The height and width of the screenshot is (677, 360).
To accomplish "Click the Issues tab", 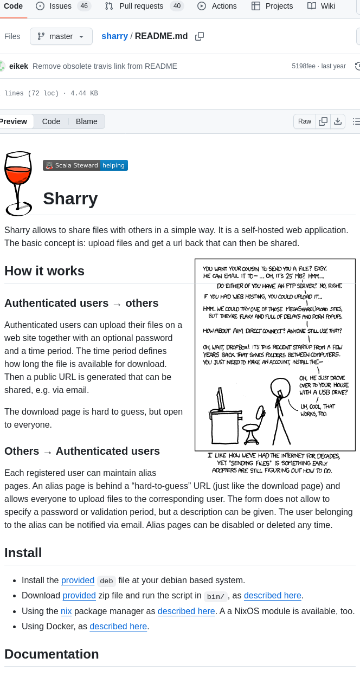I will pyautogui.click(x=60, y=6).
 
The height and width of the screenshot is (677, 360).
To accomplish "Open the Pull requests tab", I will pyautogui.click(x=141, y=6).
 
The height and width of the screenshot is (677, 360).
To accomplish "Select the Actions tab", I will pyautogui.click(x=217, y=6).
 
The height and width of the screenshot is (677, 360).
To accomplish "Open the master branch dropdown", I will pyautogui.click(x=61, y=36).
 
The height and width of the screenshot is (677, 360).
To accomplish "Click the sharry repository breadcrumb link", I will pyautogui.click(x=114, y=36).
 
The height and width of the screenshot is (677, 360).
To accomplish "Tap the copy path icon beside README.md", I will pyautogui.click(x=200, y=36).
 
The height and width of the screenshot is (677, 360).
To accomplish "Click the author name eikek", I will pyautogui.click(x=18, y=66).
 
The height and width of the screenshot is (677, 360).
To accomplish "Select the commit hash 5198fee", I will pyautogui.click(x=303, y=66).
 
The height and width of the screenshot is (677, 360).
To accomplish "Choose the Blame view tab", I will pyautogui.click(x=87, y=121).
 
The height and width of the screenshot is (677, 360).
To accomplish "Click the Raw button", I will pyautogui.click(x=305, y=121).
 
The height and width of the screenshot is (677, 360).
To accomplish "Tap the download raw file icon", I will pyautogui.click(x=338, y=121).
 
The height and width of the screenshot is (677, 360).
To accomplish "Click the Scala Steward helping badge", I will pyautogui.click(x=85, y=165).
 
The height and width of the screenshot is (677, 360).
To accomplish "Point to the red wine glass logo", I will pyautogui.click(x=17, y=183).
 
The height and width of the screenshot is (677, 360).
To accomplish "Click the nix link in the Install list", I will pyautogui.click(x=66, y=611).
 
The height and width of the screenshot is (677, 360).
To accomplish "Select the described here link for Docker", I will pyautogui.click(x=118, y=626).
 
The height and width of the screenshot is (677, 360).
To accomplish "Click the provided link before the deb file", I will pyautogui.click(x=78, y=580).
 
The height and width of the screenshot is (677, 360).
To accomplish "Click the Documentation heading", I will pyautogui.click(x=52, y=654).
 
